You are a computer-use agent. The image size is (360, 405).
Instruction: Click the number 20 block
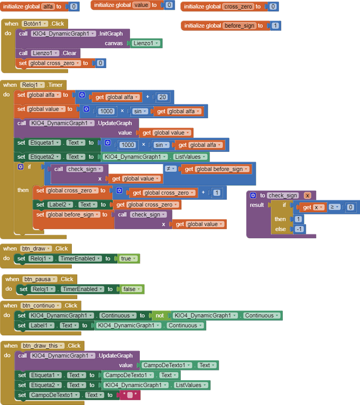(x=162, y=97)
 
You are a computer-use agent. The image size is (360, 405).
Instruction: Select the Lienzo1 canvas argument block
(x=147, y=43)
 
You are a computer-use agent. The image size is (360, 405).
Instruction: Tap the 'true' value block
(x=129, y=259)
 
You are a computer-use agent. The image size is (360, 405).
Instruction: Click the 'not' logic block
(x=159, y=315)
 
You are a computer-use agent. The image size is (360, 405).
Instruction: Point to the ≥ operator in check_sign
(x=335, y=207)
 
